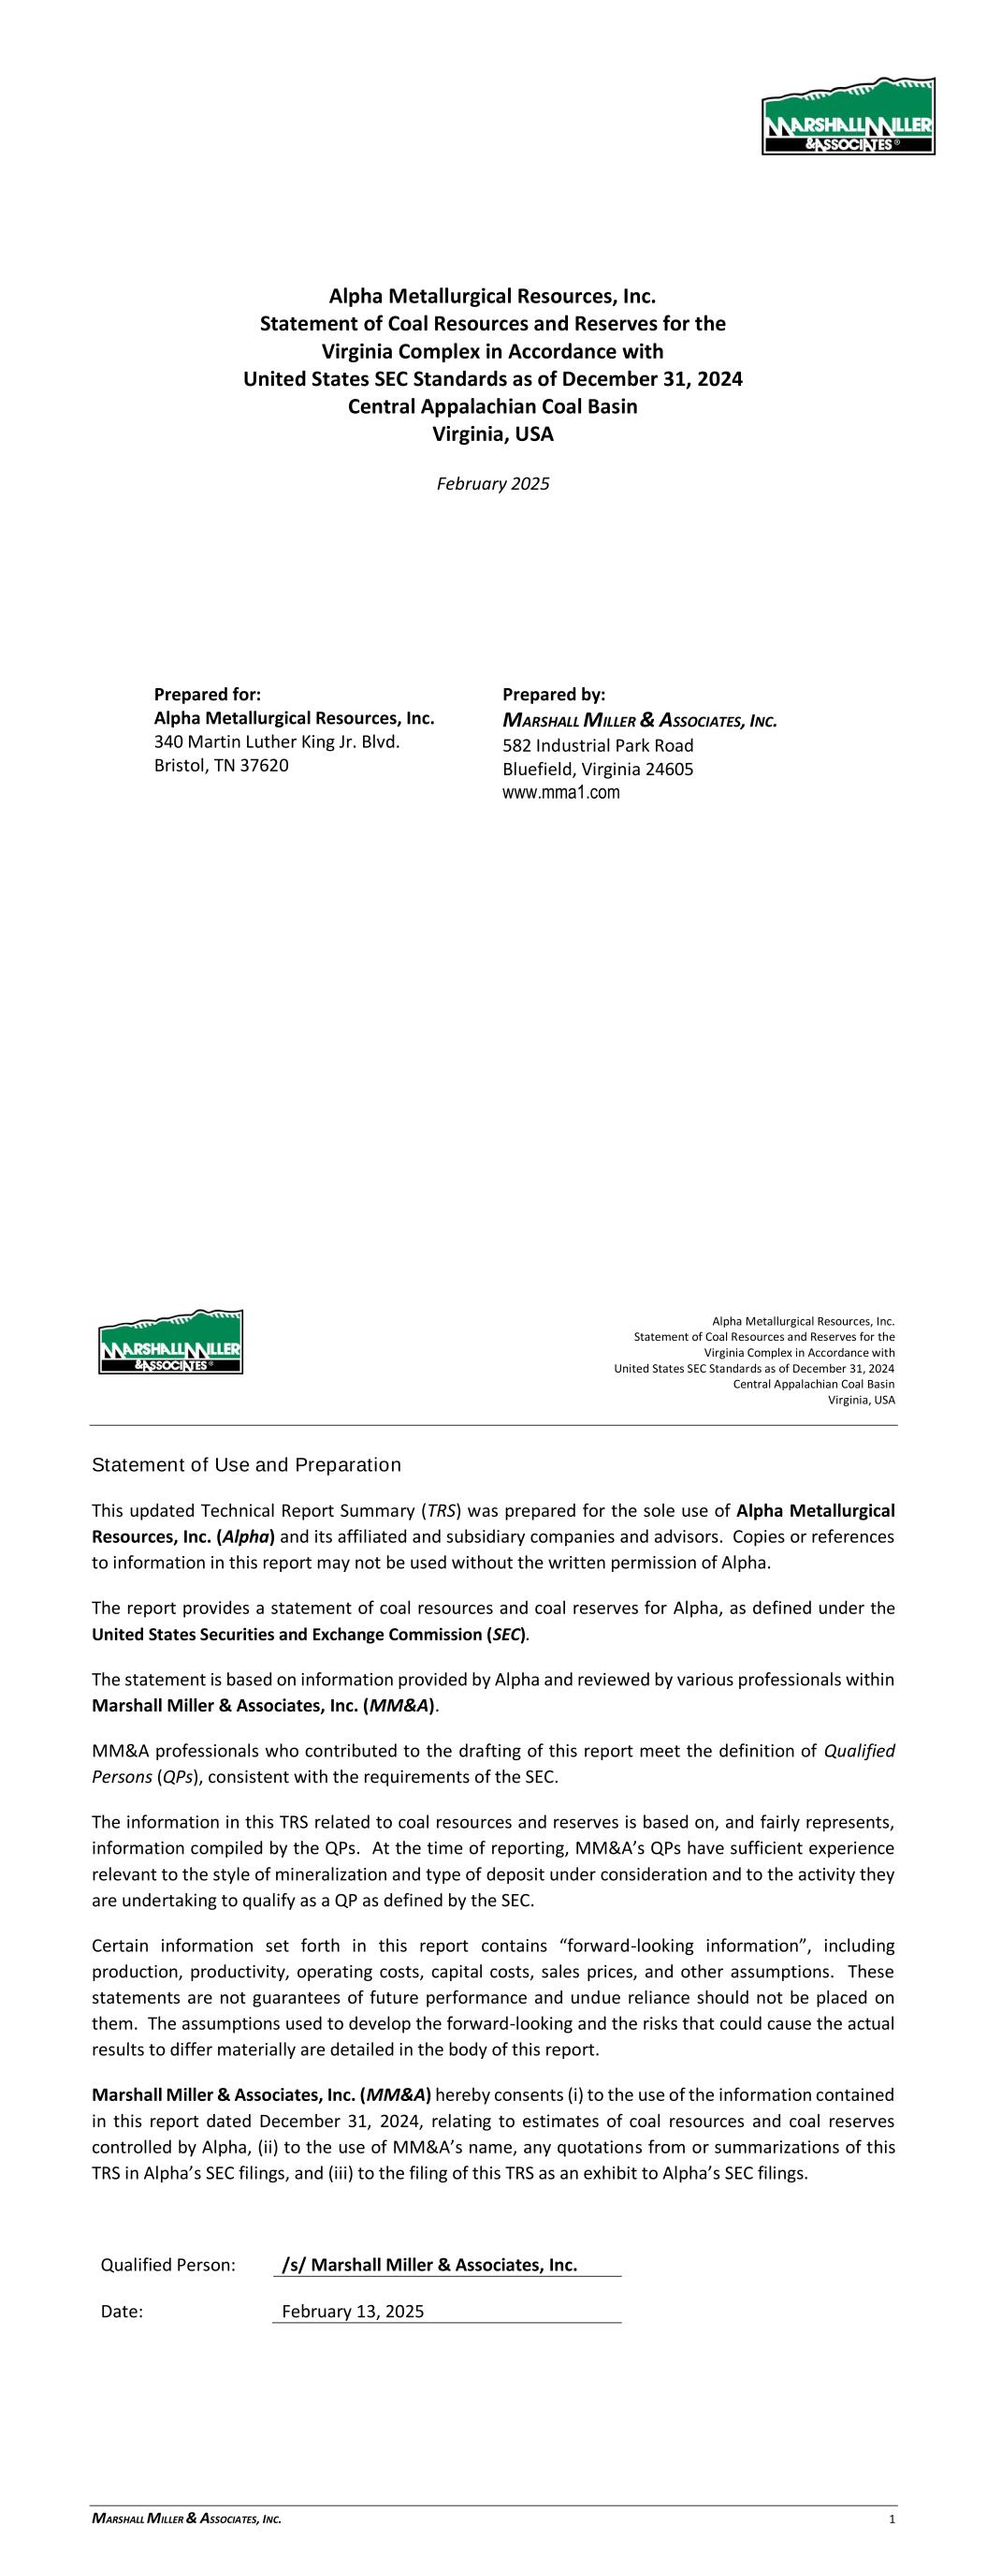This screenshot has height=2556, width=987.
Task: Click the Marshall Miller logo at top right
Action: (x=849, y=116)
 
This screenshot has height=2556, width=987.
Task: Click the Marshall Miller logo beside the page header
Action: (x=170, y=1342)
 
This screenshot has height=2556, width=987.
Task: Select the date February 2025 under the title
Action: (x=493, y=484)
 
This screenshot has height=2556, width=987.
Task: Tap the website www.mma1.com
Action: (x=560, y=793)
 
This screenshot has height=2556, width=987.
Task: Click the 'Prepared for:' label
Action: (x=208, y=695)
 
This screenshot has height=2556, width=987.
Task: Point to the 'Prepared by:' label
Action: (x=554, y=695)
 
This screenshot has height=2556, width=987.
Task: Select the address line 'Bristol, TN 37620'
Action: (x=221, y=766)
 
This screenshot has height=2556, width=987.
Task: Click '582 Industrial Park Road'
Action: (x=597, y=745)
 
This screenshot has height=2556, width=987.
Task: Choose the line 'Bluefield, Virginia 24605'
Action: (x=597, y=769)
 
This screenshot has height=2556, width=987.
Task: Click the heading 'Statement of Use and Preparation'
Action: (x=246, y=1465)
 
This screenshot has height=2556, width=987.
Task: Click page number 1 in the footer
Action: (x=893, y=2520)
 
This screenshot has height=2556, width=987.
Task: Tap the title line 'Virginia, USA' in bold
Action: (x=493, y=434)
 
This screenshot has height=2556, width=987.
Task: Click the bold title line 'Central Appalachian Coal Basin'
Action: (x=493, y=407)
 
